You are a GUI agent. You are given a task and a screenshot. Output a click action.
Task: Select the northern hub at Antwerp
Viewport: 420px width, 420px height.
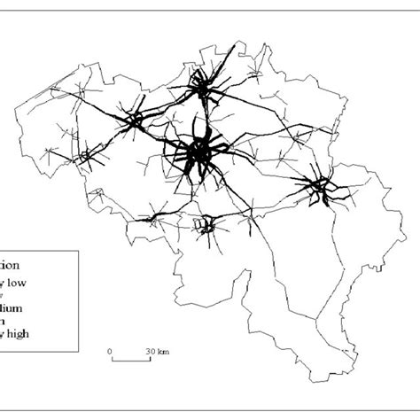pyautogui.click(x=206, y=87)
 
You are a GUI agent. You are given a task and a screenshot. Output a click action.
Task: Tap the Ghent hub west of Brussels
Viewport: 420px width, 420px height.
pyautogui.click(x=135, y=121)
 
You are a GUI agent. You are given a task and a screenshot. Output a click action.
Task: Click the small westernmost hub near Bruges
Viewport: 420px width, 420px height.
pyautogui.click(x=86, y=156)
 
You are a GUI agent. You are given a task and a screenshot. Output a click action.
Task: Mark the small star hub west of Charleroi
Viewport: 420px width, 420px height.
pyautogui.click(x=159, y=213)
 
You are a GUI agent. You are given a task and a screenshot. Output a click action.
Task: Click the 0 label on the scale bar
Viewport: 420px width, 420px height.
pyautogui.click(x=111, y=351)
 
